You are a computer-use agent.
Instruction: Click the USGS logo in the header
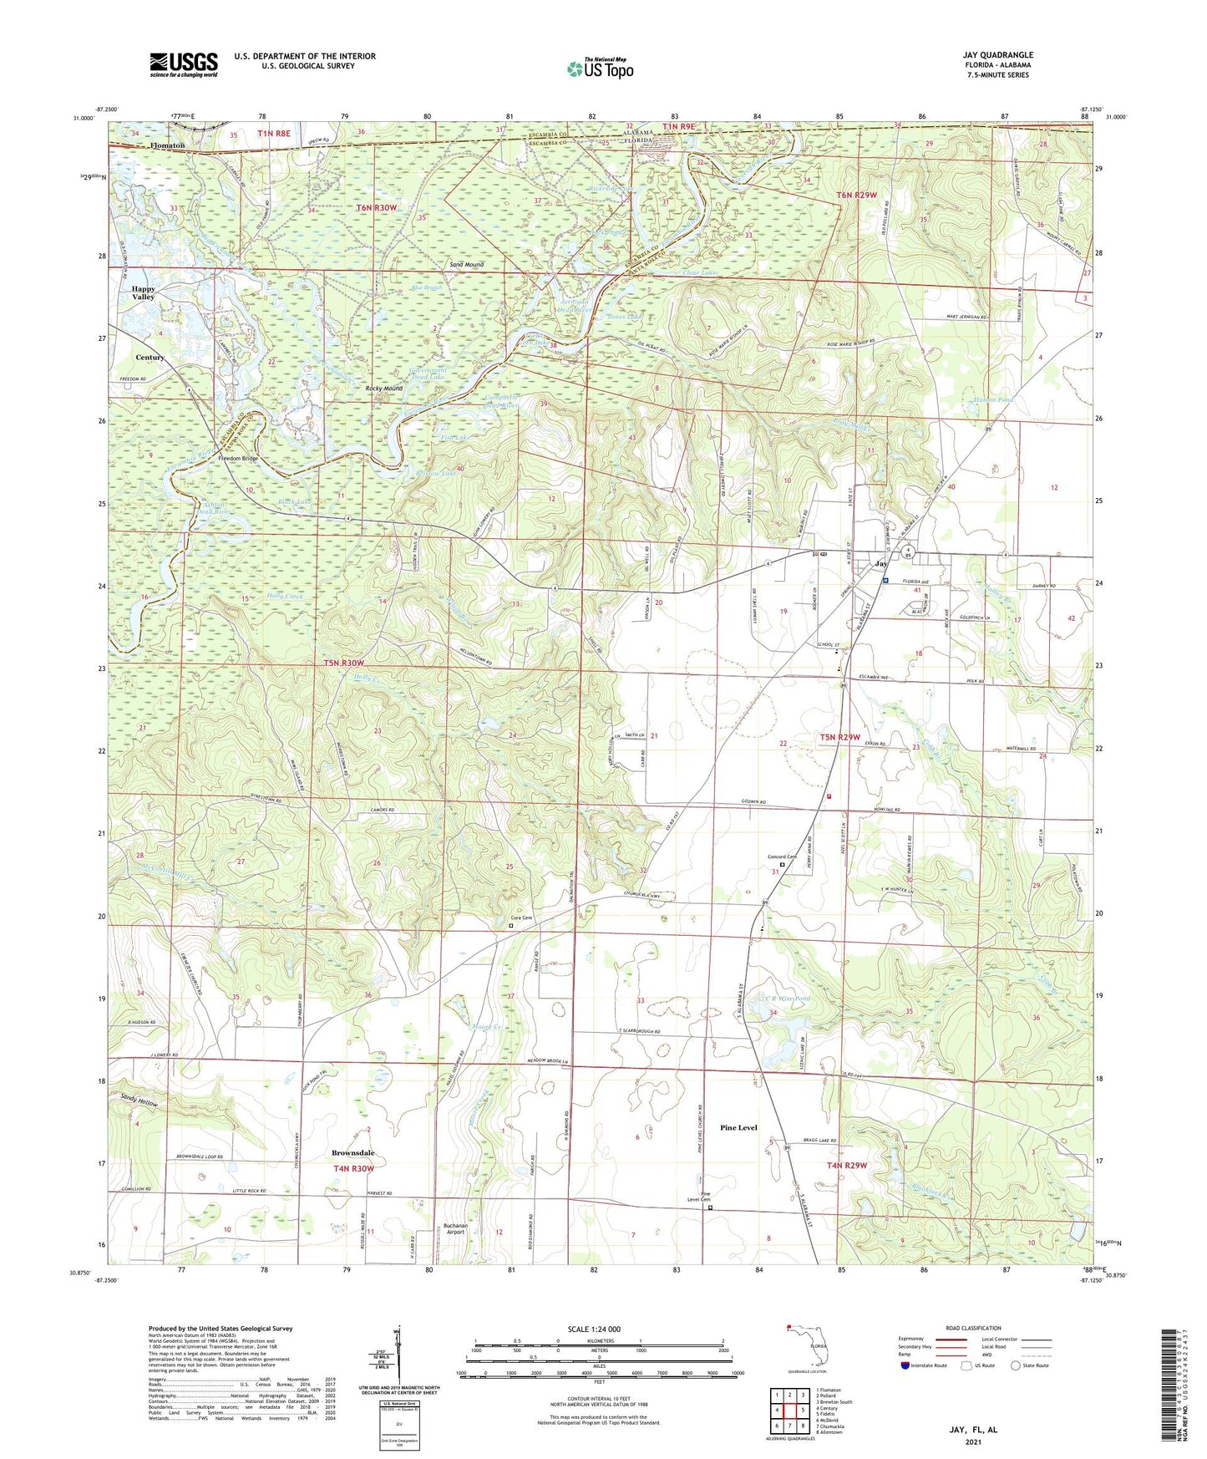tap(184, 64)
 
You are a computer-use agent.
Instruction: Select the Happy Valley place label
tap(143, 292)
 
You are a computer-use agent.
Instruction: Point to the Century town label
tap(150, 357)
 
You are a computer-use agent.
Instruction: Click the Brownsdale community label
tap(352, 1153)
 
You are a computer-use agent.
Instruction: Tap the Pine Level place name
tap(738, 1127)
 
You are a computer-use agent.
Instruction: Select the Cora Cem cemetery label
tap(521, 918)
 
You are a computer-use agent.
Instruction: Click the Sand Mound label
tap(466, 265)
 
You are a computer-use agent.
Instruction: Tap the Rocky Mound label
tap(384, 389)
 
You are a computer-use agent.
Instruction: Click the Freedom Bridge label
tap(238, 459)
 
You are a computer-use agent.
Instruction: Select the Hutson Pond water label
tap(993, 400)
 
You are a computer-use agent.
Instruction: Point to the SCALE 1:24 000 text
tap(594, 1329)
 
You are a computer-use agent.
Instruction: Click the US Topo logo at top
tap(599, 69)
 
